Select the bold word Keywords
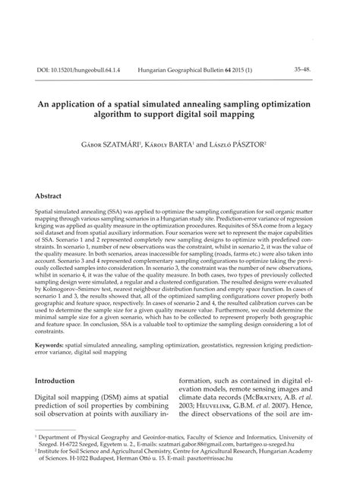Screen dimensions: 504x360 49,344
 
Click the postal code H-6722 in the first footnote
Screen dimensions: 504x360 68,468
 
